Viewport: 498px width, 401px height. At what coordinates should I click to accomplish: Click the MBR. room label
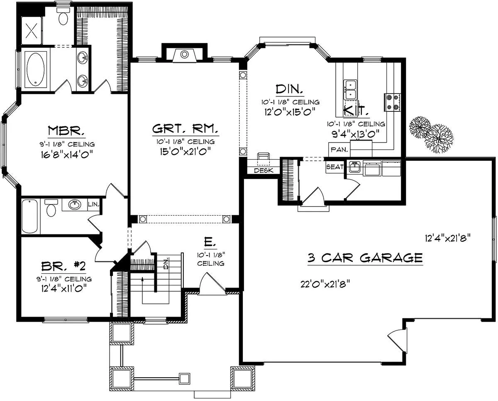[x=66, y=130]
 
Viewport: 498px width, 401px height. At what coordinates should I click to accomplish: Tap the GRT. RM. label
[x=185, y=129]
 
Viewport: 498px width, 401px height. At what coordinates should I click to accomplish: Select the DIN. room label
[x=289, y=89]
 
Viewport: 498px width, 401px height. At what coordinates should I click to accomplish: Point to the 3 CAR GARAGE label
[x=365, y=258]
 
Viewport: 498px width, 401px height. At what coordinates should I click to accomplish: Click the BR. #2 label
[x=63, y=266]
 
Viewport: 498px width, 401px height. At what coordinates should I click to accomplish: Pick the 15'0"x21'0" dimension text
[x=185, y=152]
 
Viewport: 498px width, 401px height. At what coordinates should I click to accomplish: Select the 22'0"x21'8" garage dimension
[x=325, y=284]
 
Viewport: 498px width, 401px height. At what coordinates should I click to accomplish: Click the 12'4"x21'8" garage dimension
[x=448, y=238]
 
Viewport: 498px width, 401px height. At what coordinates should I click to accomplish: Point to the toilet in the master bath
[x=63, y=16]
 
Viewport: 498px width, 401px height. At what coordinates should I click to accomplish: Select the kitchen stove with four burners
[x=393, y=102]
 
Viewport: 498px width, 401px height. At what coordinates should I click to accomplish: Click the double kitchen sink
[x=350, y=90]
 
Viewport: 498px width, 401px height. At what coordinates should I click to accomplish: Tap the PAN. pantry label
[x=339, y=150]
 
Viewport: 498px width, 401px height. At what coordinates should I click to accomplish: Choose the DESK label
[x=264, y=171]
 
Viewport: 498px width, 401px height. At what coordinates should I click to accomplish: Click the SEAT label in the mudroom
[x=335, y=167]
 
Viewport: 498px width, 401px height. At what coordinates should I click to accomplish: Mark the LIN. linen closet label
[x=93, y=204]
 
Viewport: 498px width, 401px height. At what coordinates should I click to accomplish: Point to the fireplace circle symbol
[x=184, y=55]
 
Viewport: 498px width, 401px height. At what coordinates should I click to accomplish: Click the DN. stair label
[x=166, y=263]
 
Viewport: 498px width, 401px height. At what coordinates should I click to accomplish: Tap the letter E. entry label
[x=210, y=242]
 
